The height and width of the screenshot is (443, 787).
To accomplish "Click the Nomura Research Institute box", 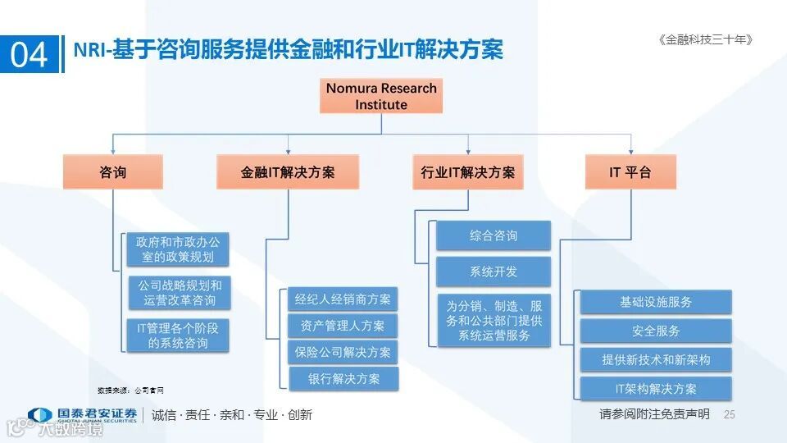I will [x=381, y=96].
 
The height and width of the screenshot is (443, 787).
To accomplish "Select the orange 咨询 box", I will [x=112, y=172].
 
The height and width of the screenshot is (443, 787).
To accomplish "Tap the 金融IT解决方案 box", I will [x=288, y=172].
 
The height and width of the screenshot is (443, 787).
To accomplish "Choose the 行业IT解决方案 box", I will [x=467, y=172].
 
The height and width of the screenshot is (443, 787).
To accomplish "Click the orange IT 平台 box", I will [x=630, y=172].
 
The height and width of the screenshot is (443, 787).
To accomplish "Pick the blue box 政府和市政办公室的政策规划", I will [x=178, y=249].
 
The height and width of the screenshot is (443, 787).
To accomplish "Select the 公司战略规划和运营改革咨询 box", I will [x=178, y=293].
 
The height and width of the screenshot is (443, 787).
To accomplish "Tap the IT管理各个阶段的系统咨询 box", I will [x=178, y=336].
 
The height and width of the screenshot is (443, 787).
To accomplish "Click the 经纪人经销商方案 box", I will [x=343, y=299].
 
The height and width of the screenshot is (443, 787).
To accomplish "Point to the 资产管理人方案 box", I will [x=343, y=326].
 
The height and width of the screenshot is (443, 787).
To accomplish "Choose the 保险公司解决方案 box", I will [x=343, y=352].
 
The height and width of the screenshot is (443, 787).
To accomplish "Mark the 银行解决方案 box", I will [x=343, y=378].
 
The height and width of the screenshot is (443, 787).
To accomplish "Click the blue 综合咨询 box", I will [x=494, y=236].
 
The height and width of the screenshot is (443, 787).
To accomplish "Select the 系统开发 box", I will [x=494, y=272].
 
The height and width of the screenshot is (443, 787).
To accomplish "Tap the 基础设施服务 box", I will [x=656, y=302].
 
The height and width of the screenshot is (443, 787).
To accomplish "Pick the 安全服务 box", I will [x=656, y=331].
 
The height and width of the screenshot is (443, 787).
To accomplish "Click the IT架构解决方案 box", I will [x=656, y=388].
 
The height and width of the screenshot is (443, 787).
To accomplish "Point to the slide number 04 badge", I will [x=30, y=55].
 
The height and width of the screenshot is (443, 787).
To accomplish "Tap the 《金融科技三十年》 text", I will [x=705, y=39].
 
